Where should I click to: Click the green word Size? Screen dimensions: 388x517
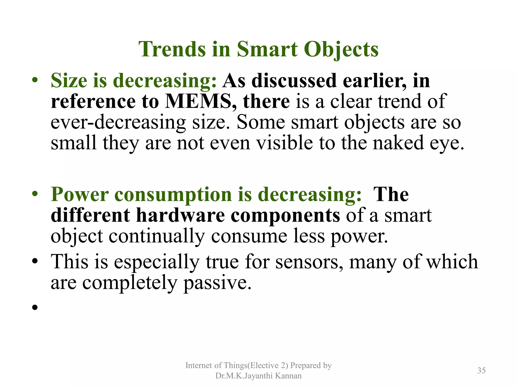pyautogui.click(x=69, y=81)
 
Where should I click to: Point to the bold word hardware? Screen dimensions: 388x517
pyautogui.click(x=180, y=215)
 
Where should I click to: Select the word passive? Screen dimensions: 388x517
pyautogui.click(x=217, y=283)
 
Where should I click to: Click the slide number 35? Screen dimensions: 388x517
pyautogui.click(x=481, y=371)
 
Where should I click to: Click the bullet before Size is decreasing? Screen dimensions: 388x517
pyautogui.click(x=35, y=81)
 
